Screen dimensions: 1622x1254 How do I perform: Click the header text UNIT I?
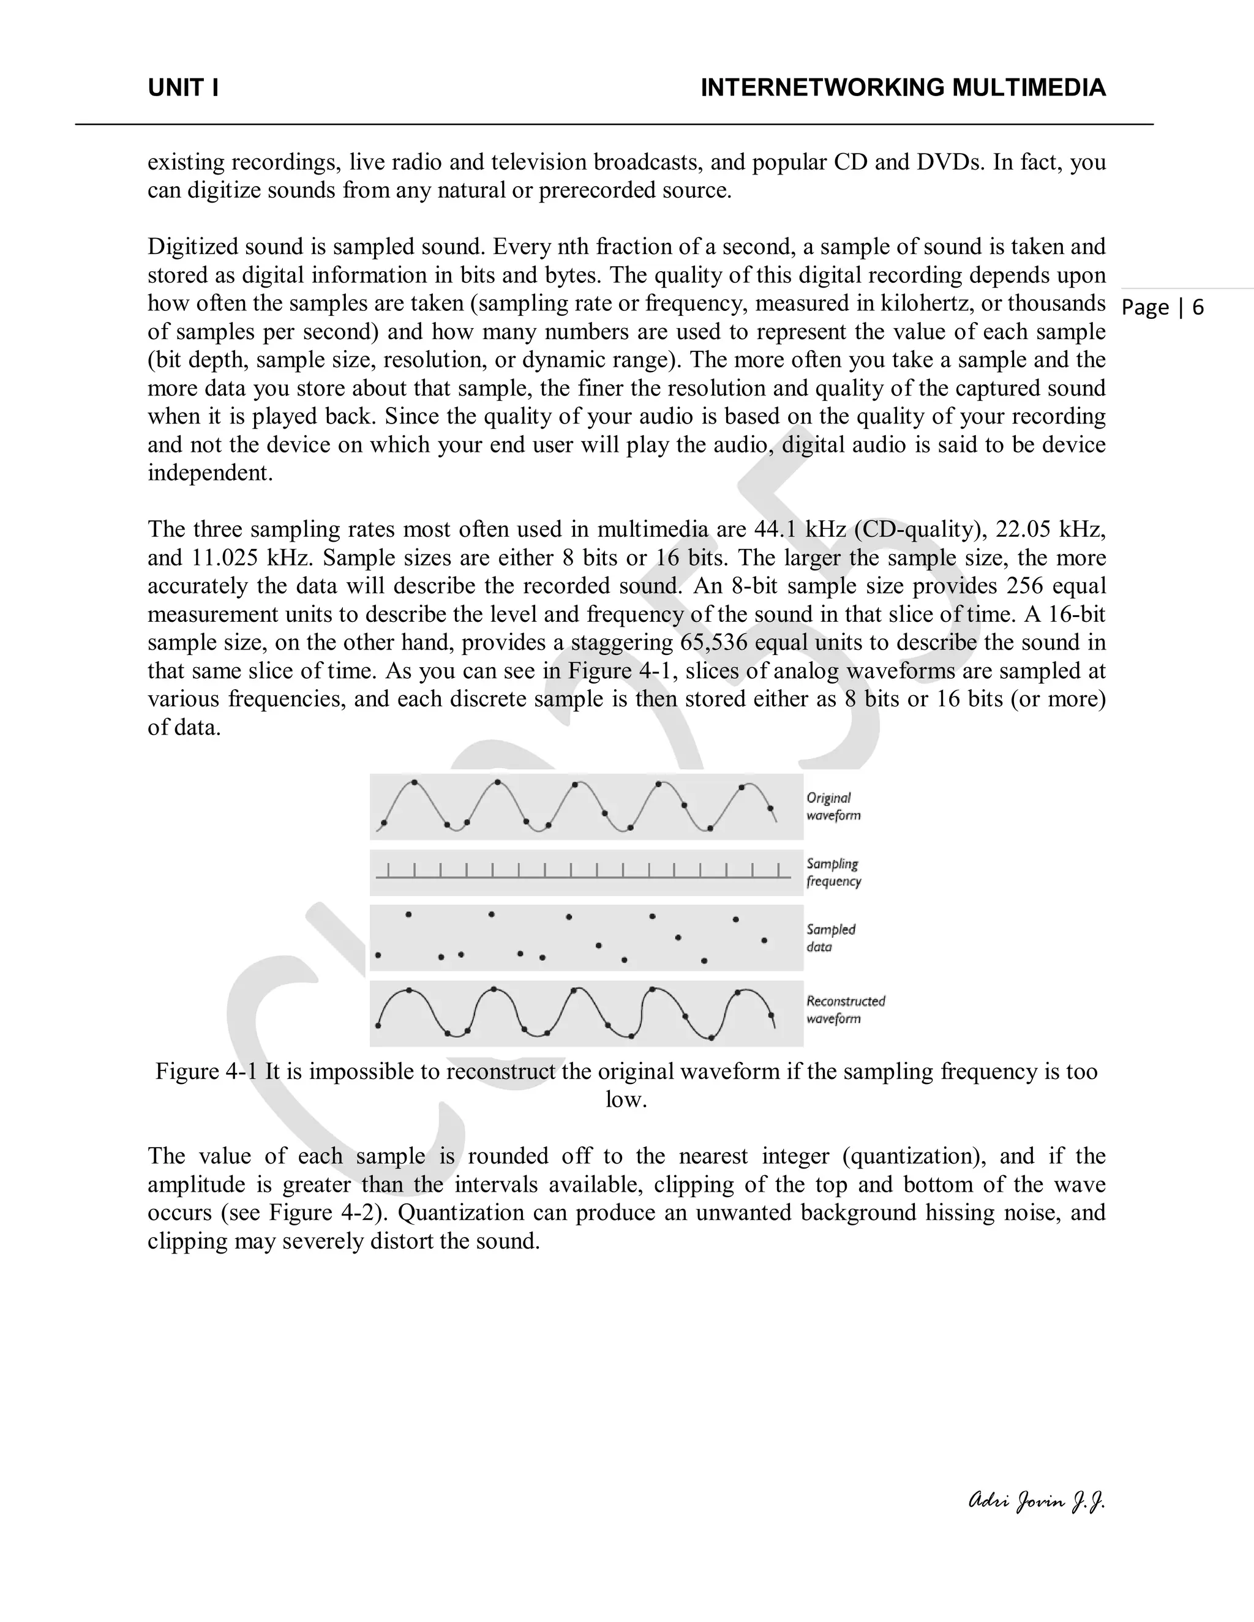click(182, 88)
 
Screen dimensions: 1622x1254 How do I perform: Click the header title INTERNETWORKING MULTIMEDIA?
click(903, 88)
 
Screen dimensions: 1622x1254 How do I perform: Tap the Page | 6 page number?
click(1163, 307)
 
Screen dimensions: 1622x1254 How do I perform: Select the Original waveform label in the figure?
click(833, 807)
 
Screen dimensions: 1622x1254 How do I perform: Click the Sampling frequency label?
click(833, 873)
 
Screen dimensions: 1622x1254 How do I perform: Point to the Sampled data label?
click(830, 938)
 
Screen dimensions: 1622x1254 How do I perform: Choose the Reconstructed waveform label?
click(846, 1010)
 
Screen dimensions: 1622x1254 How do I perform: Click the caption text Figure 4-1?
click(206, 1072)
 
